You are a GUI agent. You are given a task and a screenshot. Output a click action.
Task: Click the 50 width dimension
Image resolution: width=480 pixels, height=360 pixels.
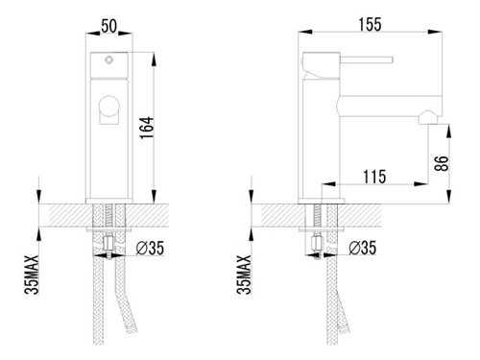coord(109,26)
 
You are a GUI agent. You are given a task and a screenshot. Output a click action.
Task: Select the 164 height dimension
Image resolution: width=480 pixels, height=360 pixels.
coord(147,128)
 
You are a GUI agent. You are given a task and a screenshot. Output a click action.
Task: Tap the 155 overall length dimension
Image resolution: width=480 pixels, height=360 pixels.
coord(370,25)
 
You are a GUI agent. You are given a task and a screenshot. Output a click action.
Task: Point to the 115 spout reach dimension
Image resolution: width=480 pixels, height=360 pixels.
coord(374,177)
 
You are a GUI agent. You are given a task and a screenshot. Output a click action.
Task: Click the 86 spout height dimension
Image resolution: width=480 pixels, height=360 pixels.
coord(442,163)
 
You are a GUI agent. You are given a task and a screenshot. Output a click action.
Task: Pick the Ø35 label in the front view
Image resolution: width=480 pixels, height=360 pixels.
coord(150,248)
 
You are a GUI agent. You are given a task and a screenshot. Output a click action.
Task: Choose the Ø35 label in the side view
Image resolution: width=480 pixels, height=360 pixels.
coord(363,248)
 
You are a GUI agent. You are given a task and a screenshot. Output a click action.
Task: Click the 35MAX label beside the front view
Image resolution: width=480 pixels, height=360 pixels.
coord(32,275)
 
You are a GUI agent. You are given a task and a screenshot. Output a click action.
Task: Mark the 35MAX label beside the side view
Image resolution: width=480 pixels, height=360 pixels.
coord(244,275)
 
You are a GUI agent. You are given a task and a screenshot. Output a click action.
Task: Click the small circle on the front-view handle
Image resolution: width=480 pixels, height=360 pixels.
coord(109,60)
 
